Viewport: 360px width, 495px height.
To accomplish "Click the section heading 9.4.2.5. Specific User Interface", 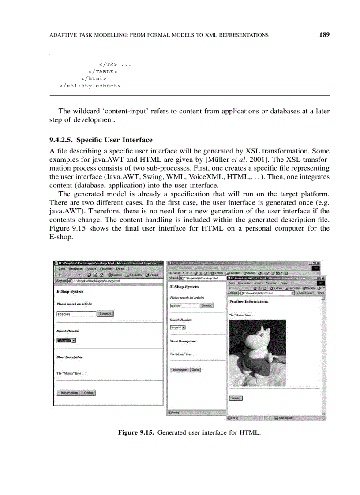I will (x=101, y=140).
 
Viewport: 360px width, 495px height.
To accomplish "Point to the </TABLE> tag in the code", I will (x=102, y=71).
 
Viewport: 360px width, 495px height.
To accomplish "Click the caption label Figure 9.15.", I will (x=136, y=433).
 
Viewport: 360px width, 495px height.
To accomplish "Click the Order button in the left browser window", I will (x=89, y=393).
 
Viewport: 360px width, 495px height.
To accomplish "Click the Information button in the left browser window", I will (x=69, y=393).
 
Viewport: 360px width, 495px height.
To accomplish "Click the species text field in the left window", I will (x=76, y=314).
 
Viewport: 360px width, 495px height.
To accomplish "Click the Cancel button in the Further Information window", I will (x=236, y=398).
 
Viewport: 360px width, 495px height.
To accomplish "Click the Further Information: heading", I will (x=249, y=302).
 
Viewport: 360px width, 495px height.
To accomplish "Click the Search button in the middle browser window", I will (x=206, y=305).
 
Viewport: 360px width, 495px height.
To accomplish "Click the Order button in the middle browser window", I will (x=195, y=370).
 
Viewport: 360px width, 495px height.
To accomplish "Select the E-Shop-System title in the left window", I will (x=70, y=292).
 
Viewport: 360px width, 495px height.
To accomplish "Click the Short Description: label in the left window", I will (x=70, y=357).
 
